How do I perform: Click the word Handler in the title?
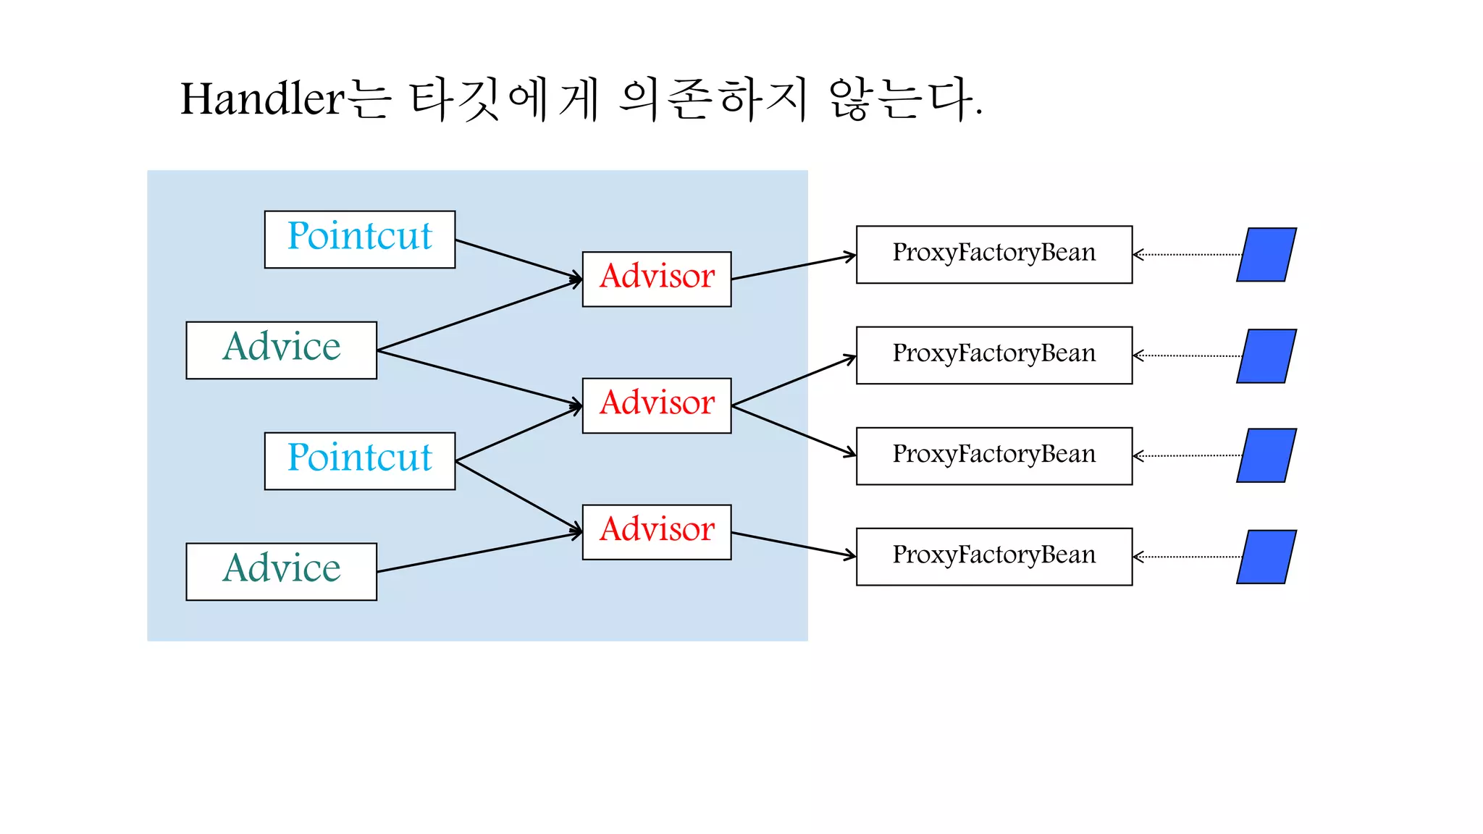coord(262,99)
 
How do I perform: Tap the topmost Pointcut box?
coord(360,240)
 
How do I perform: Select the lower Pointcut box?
coord(360,461)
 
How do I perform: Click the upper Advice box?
coord(281,350)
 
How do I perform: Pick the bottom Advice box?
coord(281,572)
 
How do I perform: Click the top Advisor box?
coord(657,279)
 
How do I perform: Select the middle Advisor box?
coord(657,405)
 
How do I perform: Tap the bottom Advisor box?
coord(657,532)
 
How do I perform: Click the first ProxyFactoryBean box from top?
coord(993,254)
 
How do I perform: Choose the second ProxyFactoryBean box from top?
coord(993,355)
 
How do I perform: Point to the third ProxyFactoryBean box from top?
coord(993,456)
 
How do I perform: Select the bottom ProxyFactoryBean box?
coord(993,557)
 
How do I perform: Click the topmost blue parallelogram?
coord(1266,255)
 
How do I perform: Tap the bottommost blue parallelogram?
coord(1266,557)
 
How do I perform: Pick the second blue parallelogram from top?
coord(1266,356)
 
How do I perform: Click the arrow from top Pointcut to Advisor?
coord(518,259)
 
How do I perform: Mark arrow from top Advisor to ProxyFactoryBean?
coord(793,267)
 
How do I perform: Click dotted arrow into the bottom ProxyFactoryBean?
coord(1188,557)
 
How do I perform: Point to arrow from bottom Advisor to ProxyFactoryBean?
coord(793,544)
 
